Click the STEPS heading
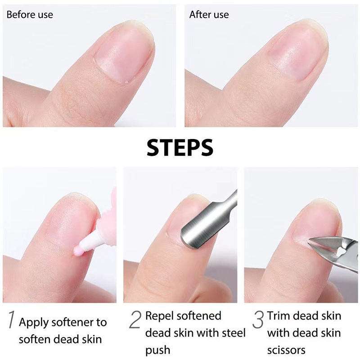click(x=180, y=148)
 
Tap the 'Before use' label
click(x=30, y=15)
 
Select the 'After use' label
click(x=209, y=15)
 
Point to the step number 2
click(x=135, y=319)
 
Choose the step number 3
click(x=258, y=319)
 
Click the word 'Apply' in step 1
click(x=33, y=323)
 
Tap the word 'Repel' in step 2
click(x=160, y=316)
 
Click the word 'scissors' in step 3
click(x=286, y=351)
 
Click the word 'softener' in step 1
click(x=72, y=322)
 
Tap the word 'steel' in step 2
click(x=233, y=333)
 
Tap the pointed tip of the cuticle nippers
click(x=310, y=240)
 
